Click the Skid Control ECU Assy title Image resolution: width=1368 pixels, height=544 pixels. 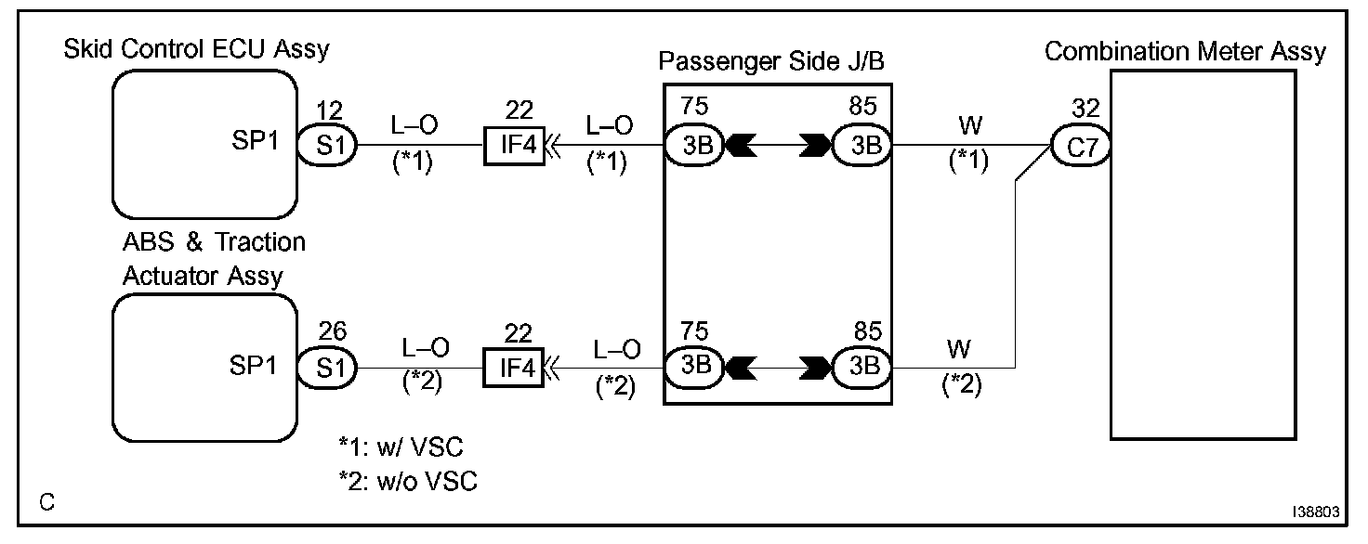(196, 49)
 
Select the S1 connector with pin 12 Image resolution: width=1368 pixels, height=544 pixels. (326, 147)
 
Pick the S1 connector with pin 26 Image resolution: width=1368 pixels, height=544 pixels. (326, 368)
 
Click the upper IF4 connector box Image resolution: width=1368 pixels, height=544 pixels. (513, 147)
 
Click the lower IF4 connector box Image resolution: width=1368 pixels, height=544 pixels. (513, 368)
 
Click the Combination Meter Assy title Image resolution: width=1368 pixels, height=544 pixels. (1185, 52)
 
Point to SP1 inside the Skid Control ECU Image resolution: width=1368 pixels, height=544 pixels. (252, 147)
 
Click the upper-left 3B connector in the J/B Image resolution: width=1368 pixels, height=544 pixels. (694, 147)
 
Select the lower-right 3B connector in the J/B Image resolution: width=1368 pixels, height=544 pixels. (861, 368)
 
